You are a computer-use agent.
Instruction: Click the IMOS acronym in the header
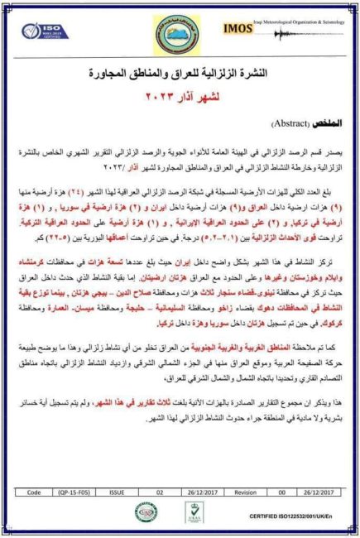point(239,28)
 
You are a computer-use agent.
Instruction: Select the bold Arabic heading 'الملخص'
point(328,123)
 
